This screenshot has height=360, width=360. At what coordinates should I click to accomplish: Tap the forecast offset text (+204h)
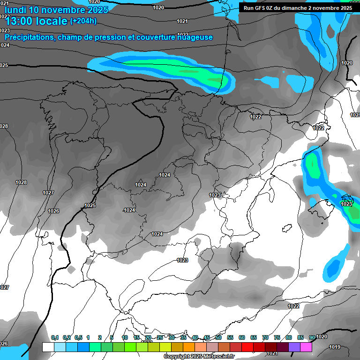coord(83,21)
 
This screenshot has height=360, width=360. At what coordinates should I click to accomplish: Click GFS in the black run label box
coord(259,7)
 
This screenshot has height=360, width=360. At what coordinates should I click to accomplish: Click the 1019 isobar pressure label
coord(335,347)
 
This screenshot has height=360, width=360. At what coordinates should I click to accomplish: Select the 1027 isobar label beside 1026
coord(48,193)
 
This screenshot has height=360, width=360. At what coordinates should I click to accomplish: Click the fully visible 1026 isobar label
coord(53,211)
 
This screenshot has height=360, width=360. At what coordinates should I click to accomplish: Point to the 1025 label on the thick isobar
coord(90,205)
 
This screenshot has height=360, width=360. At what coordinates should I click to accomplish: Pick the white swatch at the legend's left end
coord(48,347)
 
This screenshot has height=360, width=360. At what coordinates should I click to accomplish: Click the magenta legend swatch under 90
coord(306,347)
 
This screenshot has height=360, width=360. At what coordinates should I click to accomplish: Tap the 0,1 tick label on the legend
coord(55,337)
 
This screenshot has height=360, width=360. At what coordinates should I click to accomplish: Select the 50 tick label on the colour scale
coord(218,337)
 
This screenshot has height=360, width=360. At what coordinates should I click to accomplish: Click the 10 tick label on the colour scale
coord(125,337)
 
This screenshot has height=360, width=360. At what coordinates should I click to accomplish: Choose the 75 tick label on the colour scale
coord(277,337)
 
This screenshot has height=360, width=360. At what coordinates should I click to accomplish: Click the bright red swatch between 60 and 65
coord(247,347)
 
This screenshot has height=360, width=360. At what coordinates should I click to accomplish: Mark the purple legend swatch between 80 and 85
coord(294,347)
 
